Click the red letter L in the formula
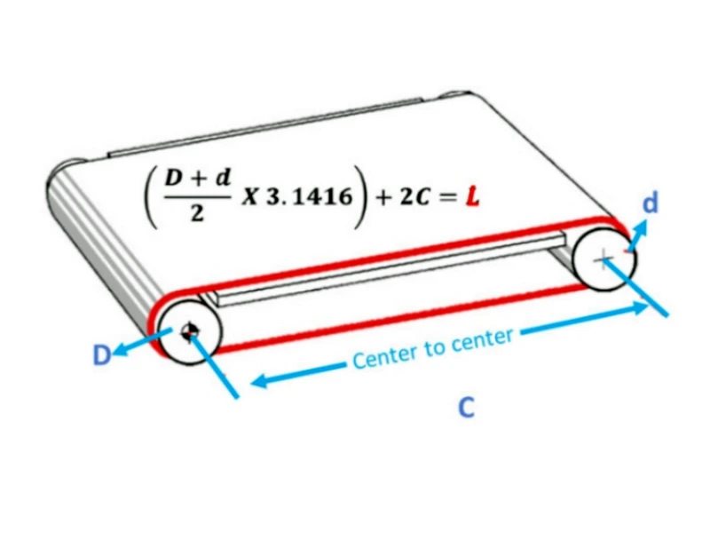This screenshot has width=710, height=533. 473,196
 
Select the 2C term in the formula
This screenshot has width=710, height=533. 414,197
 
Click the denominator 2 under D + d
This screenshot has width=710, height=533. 197,214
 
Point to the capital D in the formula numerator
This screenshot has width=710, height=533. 173,178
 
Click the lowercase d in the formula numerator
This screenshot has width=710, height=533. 223,177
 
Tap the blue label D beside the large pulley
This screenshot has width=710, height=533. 101,354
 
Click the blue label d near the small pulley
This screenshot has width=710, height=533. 651,203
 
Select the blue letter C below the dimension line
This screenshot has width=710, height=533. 467,407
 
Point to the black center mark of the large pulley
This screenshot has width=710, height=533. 188,331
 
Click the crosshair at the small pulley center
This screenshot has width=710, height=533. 603,259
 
